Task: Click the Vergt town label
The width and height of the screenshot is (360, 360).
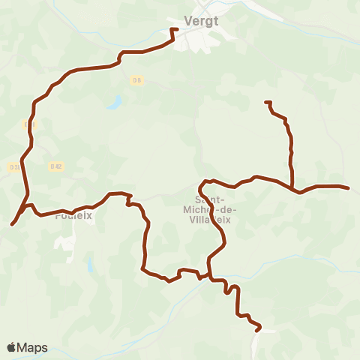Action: pyautogui.click(x=201, y=21)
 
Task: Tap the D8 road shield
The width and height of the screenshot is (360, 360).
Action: pyautogui.click(x=136, y=80)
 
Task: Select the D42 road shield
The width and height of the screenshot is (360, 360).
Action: pyautogui.click(x=55, y=166)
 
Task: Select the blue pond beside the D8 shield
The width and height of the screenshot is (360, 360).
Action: pyautogui.click(x=115, y=102)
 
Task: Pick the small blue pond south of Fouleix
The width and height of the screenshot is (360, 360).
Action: pyautogui.click(x=89, y=265)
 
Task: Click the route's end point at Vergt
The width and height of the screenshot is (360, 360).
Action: pyautogui.click(x=172, y=30)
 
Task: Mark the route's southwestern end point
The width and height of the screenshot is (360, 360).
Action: pyautogui.click(x=13, y=223)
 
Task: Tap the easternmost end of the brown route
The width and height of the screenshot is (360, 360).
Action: pyautogui.click(x=348, y=187)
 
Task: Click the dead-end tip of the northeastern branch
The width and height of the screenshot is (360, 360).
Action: pyautogui.click(x=266, y=102)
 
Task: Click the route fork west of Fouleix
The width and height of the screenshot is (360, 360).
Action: pyautogui.click(x=27, y=204)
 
